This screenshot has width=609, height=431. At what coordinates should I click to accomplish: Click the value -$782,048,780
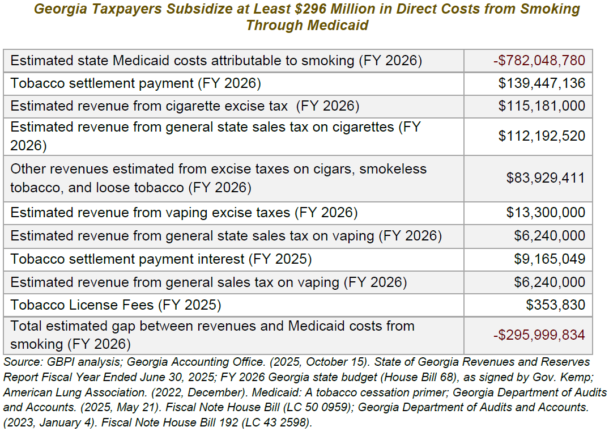(539, 61)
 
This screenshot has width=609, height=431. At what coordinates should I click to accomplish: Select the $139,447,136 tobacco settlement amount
(542, 84)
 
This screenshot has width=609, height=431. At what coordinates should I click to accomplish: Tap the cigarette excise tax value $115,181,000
(542, 106)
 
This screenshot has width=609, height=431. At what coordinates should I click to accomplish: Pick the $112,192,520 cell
(542, 136)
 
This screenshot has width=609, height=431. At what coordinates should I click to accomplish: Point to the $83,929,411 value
(545, 178)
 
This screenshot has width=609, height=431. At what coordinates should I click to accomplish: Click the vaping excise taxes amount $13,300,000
(546, 213)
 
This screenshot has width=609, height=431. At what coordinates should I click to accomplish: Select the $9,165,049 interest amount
(549, 259)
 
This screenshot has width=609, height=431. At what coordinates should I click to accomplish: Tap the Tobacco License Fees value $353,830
(555, 305)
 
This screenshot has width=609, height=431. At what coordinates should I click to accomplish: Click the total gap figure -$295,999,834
(539, 335)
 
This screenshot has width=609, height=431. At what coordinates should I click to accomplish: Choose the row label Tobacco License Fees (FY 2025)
(116, 305)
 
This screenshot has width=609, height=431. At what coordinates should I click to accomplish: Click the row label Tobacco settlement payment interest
(161, 259)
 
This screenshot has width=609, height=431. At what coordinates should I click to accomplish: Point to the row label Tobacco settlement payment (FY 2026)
(135, 84)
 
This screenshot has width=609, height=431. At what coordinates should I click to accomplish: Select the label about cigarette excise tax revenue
(185, 106)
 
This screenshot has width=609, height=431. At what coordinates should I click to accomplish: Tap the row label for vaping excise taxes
(184, 213)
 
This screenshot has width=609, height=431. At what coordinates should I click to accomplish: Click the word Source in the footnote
(19, 362)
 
